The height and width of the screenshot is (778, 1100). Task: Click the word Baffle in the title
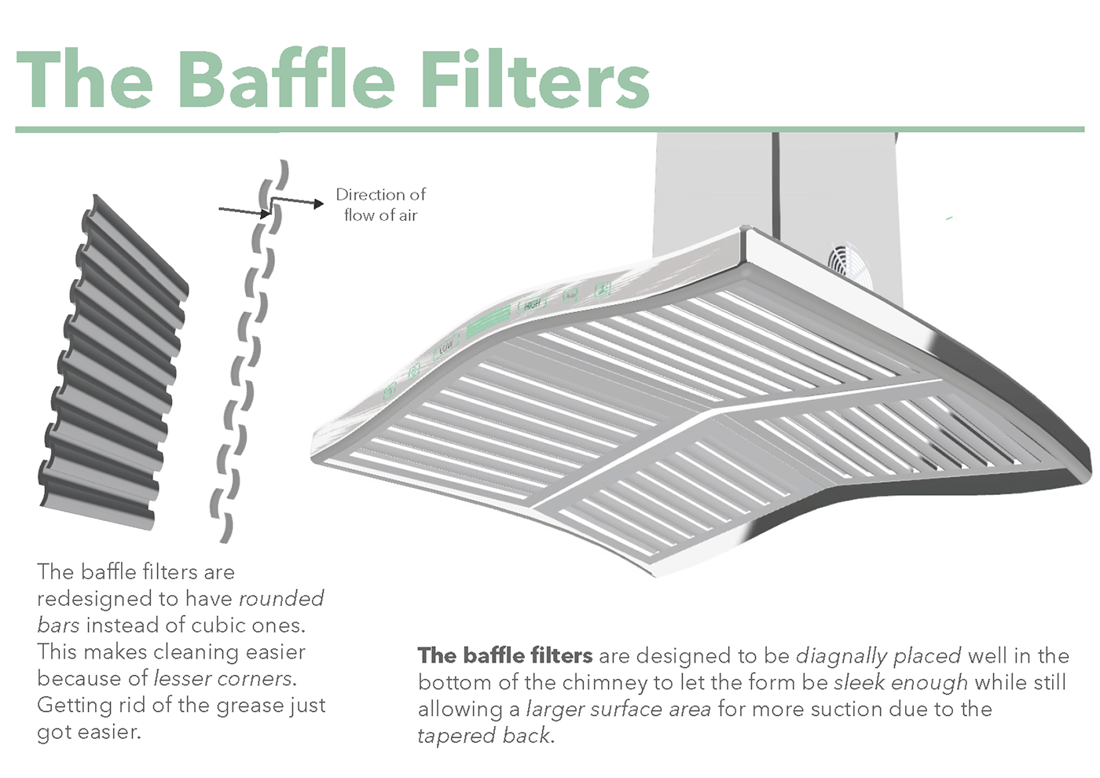click(286, 80)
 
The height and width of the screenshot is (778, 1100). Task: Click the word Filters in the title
click(534, 80)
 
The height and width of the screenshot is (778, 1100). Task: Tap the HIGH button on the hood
click(532, 304)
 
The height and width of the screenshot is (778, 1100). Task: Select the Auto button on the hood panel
click(570, 295)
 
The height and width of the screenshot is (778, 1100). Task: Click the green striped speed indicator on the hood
click(489, 322)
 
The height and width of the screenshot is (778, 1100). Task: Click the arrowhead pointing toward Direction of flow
click(318, 204)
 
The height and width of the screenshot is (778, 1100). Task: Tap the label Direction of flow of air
click(380, 204)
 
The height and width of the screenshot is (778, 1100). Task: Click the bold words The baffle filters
click(505, 655)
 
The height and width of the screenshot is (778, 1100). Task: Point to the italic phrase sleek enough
click(900, 682)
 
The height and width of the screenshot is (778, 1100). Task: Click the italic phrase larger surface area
click(618, 709)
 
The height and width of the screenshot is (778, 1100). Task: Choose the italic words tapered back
click(484, 736)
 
